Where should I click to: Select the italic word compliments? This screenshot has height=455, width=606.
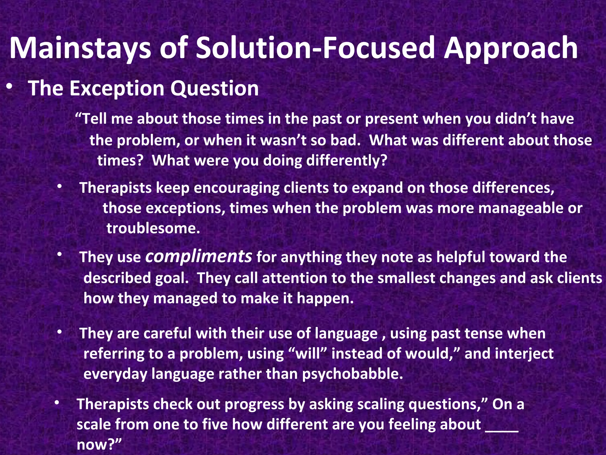(x=199, y=257)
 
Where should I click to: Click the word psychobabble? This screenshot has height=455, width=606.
(x=352, y=374)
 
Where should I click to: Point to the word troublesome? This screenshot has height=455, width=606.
(x=153, y=228)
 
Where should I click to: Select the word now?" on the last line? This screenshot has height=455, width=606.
(x=99, y=444)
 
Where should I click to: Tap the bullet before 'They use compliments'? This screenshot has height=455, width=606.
(x=59, y=255)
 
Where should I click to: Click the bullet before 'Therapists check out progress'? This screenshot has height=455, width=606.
(x=57, y=402)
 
